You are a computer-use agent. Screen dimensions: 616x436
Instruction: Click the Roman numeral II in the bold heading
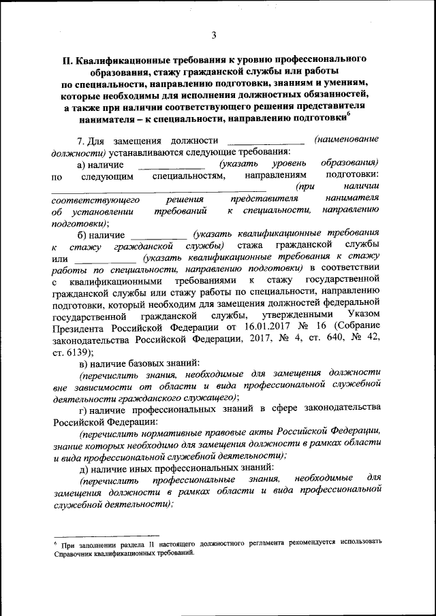click(x=67, y=59)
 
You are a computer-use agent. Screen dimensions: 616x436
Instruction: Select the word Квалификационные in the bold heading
click(x=127, y=59)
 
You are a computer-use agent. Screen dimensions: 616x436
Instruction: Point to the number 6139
click(x=76, y=353)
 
